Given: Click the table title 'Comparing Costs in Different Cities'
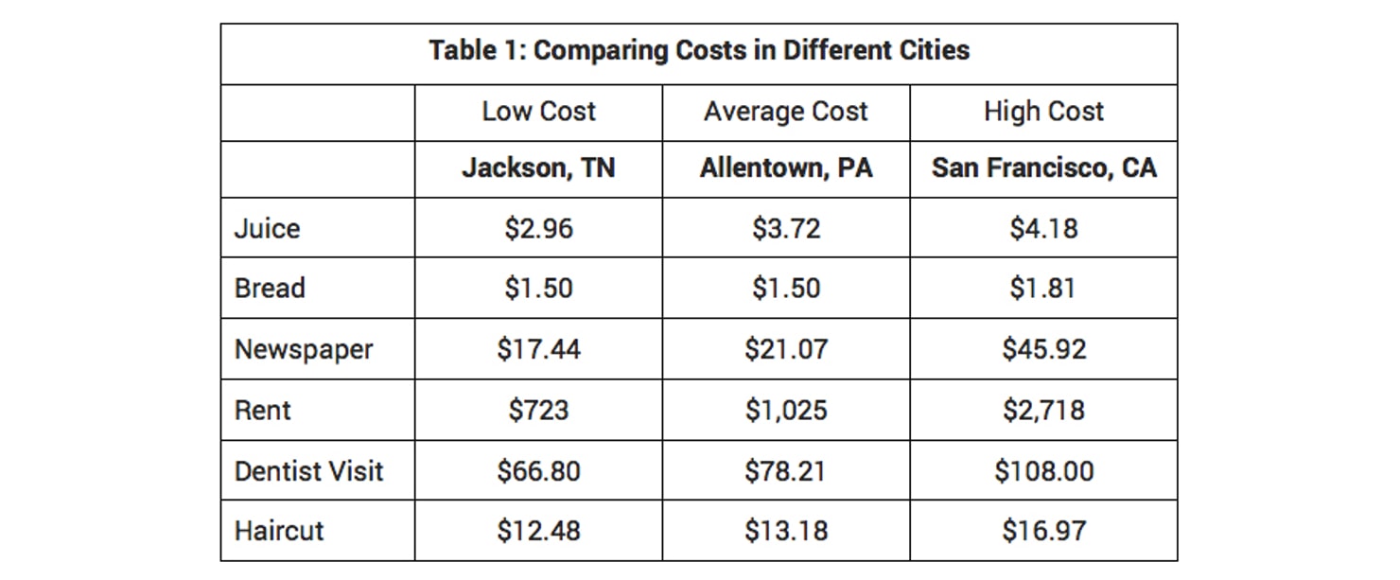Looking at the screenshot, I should (699, 50).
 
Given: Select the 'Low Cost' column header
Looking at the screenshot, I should (538, 112).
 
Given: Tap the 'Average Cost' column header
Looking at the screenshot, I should (785, 112).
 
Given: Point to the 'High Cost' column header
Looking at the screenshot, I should (1043, 112).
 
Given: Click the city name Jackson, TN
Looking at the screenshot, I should (538, 168).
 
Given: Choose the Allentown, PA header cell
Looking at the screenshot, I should (785, 168).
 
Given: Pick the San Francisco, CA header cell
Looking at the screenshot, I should (1043, 168).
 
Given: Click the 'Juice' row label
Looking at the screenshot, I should (268, 229).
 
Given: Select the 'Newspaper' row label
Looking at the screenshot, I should (304, 349).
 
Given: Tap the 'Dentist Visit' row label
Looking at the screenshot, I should (309, 470).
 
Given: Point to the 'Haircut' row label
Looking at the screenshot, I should (279, 531).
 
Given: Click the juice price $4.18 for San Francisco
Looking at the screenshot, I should (1043, 229).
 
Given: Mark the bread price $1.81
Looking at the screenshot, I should (1043, 289).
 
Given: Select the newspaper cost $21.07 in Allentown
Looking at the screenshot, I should (785, 349).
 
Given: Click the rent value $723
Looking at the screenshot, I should (538, 410).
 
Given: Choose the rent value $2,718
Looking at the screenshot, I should (1043, 410).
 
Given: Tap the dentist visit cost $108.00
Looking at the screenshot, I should (1043, 470).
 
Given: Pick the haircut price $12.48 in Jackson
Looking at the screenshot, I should (538, 531).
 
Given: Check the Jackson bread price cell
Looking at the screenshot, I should (538, 289).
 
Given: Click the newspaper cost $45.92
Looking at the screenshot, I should (1043, 349).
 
